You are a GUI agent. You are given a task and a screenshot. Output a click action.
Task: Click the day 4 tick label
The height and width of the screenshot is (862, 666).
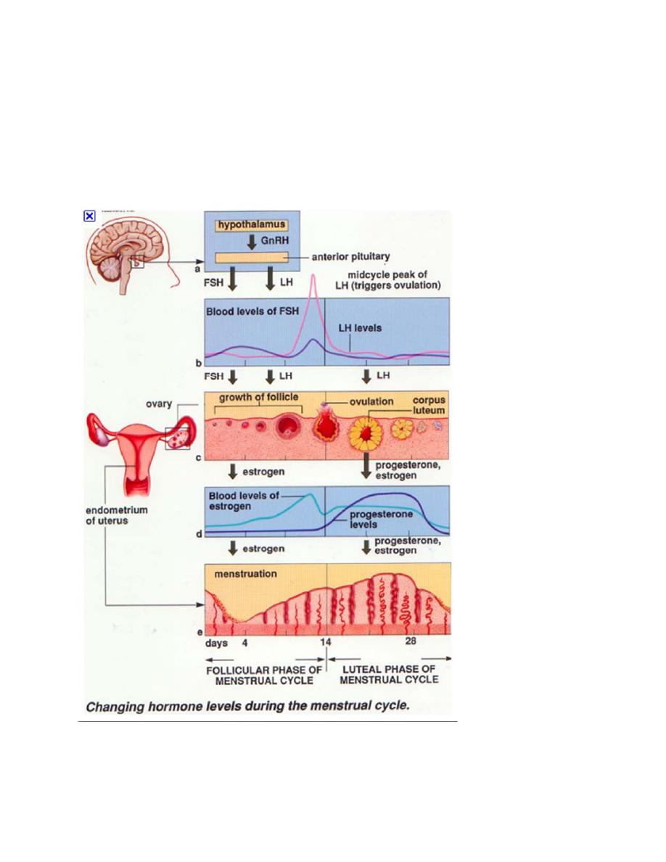(x=244, y=643)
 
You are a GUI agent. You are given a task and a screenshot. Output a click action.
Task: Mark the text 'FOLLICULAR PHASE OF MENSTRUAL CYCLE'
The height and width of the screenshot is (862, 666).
(x=260, y=674)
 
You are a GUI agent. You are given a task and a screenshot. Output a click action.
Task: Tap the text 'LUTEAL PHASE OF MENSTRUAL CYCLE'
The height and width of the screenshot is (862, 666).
(x=389, y=674)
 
